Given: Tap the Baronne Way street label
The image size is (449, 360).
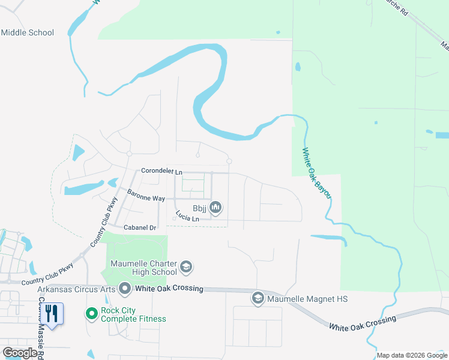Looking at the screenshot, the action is click(x=145, y=195).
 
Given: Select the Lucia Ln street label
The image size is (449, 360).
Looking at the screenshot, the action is click(x=187, y=216).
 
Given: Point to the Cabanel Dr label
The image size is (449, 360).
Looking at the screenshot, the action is click(x=139, y=228).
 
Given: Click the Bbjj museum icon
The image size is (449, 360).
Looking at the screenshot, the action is click(x=215, y=208).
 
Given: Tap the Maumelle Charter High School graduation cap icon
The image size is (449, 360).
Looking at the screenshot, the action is click(x=186, y=266).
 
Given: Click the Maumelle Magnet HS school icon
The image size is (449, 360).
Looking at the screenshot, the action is click(x=258, y=298).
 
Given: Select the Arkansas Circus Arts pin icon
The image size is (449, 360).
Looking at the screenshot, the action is click(x=125, y=289).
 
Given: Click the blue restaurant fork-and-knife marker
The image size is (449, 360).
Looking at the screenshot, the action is click(x=52, y=314).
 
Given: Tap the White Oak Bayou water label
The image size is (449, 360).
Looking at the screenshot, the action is click(x=317, y=175).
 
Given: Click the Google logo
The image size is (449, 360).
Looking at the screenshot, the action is click(x=20, y=353).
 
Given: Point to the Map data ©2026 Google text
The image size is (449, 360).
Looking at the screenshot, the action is click(x=412, y=355).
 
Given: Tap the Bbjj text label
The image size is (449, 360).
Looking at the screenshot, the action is click(x=199, y=209).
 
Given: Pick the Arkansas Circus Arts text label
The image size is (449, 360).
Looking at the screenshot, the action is click(x=76, y=289).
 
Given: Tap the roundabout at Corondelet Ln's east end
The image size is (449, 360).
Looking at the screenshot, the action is click(x=229, y=161).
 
